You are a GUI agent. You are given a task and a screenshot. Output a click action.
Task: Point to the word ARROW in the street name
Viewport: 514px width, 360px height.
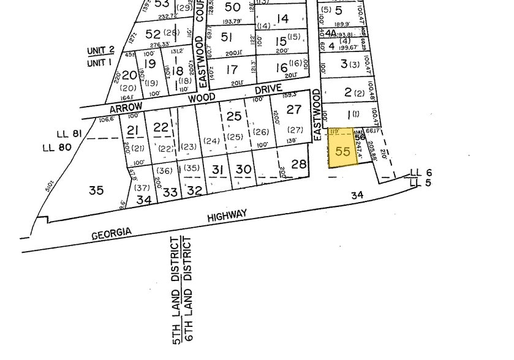pos(121,108)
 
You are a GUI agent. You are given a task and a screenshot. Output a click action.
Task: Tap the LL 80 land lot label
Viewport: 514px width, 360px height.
pos(58,147)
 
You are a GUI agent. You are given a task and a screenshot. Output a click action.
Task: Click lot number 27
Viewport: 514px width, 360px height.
pos(294,109)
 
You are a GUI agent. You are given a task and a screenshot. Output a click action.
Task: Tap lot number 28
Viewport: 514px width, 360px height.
pos(298,163)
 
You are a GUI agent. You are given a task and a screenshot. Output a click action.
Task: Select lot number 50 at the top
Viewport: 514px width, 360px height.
pos(233,7)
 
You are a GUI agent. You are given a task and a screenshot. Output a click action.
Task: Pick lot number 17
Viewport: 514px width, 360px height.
pos(232,70)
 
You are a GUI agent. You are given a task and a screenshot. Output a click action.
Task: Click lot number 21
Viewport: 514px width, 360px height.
pos(134,129)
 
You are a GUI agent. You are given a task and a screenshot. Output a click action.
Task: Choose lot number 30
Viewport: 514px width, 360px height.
pos(243,169)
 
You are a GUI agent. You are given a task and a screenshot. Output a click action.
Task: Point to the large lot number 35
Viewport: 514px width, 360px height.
pos(96,190)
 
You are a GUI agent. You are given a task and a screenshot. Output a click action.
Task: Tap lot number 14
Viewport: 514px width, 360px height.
pos(282,19)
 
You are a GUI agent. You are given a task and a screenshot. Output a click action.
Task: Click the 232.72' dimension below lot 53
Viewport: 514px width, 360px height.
pos(167,17)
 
